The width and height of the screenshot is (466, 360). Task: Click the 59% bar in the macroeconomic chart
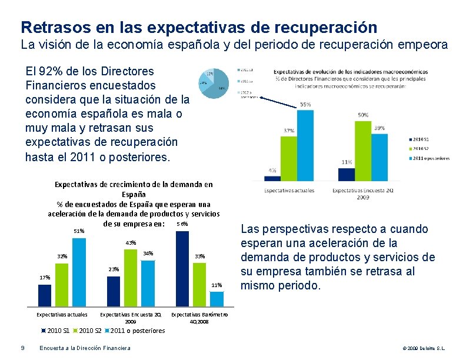305,144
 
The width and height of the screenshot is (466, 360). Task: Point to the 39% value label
380,128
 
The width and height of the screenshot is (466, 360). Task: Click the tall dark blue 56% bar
182,268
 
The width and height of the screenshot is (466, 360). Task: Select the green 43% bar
131,276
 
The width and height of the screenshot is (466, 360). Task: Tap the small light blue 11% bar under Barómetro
217,299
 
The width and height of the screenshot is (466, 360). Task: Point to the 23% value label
114,269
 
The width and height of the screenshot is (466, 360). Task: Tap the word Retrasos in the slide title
49,27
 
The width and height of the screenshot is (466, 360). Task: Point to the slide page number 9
22,348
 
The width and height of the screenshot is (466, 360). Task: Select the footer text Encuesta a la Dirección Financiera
85,348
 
